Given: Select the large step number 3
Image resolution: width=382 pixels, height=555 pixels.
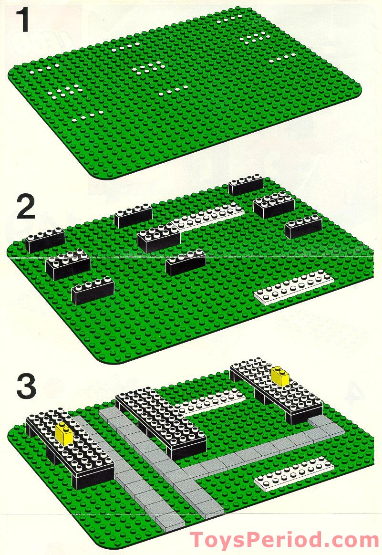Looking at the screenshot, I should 26,387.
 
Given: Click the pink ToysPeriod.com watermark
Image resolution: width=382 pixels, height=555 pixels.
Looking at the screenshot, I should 285,539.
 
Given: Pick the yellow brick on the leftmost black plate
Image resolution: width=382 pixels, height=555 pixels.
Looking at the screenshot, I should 63,432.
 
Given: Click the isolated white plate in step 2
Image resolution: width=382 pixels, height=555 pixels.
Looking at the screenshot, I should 293,287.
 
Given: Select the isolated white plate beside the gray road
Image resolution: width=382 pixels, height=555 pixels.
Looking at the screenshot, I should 293,475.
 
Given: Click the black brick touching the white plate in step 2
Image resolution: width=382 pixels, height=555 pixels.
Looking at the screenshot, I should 158,238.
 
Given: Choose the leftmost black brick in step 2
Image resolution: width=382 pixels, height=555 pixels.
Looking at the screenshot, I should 44,240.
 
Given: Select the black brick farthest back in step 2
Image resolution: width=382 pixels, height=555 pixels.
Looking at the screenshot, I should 246,185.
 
